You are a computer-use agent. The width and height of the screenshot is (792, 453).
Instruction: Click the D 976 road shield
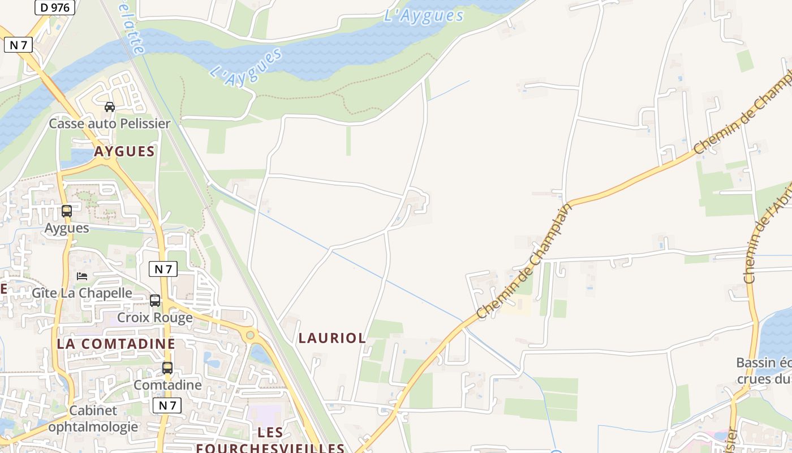[55, 7]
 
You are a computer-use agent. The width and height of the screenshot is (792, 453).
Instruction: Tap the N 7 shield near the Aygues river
[18, 45]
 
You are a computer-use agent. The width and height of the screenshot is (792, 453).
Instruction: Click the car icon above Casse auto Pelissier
[110, 106]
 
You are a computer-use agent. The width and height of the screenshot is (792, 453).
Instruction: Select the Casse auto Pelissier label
[110, 123]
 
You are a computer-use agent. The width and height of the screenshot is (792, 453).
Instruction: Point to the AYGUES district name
[124, 151]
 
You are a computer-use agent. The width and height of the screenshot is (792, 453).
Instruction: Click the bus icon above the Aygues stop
[67, 211]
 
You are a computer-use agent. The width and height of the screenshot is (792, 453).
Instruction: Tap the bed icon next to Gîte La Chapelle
[82, 276]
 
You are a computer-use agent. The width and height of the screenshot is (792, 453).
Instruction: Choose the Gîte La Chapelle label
[82, 293]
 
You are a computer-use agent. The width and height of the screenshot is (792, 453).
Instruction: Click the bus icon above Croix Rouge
[155, 301]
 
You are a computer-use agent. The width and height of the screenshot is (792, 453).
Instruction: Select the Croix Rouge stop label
[155, 317]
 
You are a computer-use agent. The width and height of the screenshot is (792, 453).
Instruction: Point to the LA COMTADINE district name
[116, 344]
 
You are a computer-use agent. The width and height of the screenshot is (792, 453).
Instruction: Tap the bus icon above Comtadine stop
[167, 368]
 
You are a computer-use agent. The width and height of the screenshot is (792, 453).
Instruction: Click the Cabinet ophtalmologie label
[93, 418]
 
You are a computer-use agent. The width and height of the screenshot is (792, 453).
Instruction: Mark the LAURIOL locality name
[332, 338]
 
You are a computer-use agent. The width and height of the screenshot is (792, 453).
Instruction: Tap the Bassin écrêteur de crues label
[764, 370]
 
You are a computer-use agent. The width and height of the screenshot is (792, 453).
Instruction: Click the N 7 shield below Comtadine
[167, 405]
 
